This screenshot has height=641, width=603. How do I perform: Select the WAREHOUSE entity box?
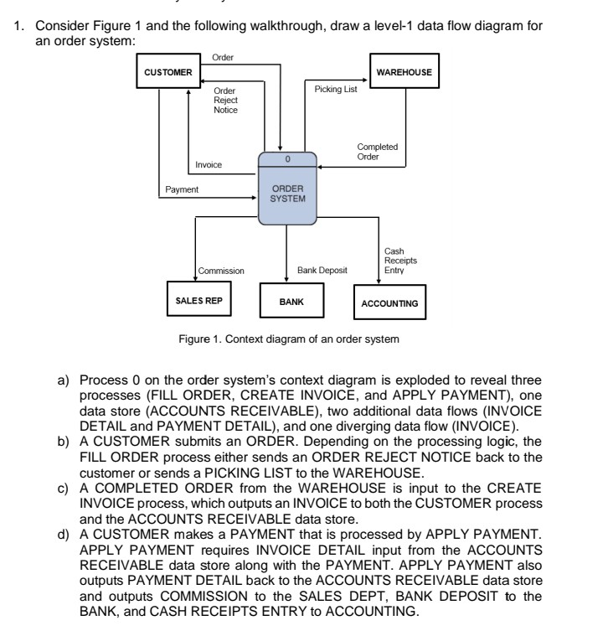405,72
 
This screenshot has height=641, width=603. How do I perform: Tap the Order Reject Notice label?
225,100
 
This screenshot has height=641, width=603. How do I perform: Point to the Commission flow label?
221,271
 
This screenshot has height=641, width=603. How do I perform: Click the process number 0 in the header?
287,157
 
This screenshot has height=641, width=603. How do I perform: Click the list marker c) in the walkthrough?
63,478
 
